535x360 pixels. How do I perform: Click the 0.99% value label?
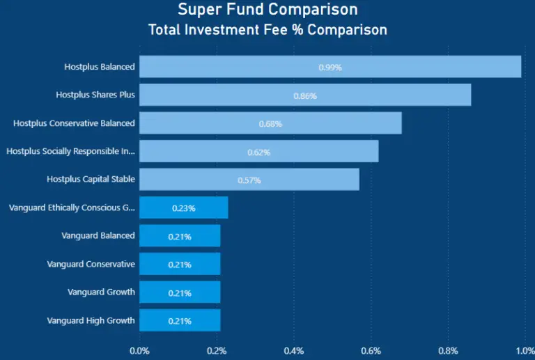330,68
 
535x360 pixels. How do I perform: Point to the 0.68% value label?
270,123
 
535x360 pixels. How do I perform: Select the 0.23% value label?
183,208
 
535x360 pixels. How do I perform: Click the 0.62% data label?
258,152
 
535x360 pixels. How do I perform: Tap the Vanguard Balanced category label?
98,235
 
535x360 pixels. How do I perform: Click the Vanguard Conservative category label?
91,264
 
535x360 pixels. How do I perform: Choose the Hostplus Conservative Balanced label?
74,123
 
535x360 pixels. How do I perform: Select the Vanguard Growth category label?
101,292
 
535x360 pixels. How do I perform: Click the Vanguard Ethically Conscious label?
72,208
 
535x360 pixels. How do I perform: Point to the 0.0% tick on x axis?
139,350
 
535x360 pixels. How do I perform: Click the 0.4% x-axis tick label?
294,350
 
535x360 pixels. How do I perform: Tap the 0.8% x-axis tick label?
448,350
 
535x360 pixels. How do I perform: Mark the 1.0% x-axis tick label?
522,350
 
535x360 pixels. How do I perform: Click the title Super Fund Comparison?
267,10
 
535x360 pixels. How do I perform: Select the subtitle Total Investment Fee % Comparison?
267,30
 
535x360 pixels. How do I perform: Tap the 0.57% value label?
249,180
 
